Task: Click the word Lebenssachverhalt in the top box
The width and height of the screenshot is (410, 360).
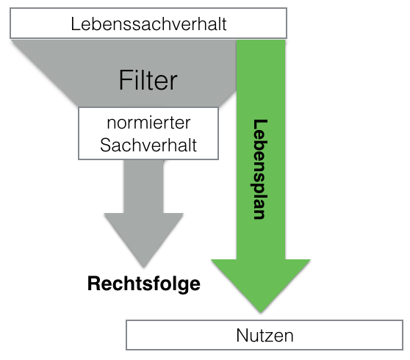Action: point(148,24)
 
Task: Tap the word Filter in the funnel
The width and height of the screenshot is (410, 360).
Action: point(148,80)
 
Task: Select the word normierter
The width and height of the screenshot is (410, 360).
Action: point(148,123)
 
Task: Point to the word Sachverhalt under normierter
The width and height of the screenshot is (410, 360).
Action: point(148,145)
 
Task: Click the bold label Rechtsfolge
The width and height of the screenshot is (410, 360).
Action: point(144,284)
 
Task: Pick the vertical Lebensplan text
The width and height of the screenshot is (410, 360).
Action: point(260,169)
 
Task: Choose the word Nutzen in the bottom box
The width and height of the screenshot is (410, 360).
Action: point(265,335)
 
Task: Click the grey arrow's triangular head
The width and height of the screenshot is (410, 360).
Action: point(144,235)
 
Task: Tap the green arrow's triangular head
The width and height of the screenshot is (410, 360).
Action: point(261,281)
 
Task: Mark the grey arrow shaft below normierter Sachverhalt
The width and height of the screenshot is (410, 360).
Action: point(144,187)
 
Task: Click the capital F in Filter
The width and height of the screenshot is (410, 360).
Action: point(125,80)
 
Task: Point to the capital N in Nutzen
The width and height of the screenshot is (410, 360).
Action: point(242,335)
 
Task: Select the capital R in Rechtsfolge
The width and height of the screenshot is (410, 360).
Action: point(94,283)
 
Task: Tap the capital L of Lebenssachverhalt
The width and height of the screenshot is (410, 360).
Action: point(75,24)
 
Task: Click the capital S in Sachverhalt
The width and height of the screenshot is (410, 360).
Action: point(106,145)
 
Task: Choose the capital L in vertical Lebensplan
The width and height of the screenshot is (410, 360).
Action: point(260,125)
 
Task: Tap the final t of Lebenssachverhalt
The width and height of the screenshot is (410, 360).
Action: point(223,24)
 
